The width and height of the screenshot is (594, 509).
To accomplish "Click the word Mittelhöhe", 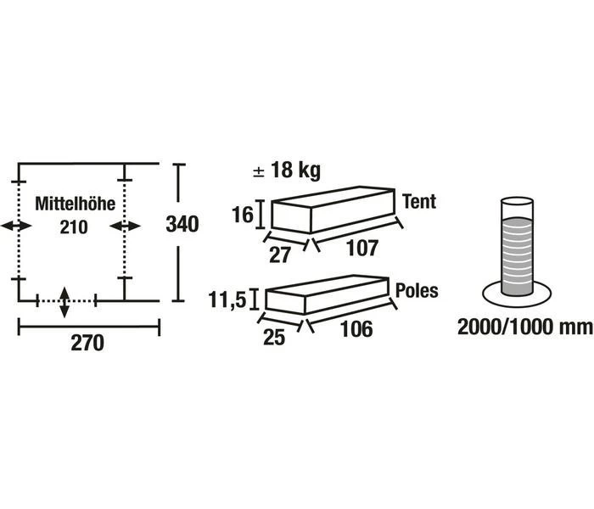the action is pyautogui.click(x=75, y=204).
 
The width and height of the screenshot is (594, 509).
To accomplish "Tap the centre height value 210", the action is pyautogui.click(x=74, y=227).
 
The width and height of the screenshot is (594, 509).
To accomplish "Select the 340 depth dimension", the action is pyautogui.click(x=182, y=224).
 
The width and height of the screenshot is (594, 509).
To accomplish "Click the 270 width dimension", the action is pyautogui.click(x=87, y=344).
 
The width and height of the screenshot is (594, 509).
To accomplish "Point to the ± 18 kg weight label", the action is pyautogui.click(x=287, y=170).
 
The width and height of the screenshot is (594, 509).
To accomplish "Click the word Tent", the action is pyautogui.click(x=419, y=202).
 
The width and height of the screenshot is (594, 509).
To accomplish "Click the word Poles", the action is pyautogui.click(x=417, y=291).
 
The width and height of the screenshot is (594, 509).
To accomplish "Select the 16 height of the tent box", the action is pyautogui.click(x=243, y=215).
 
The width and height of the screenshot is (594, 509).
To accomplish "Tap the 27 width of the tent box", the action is pyautogui.click(x=279, y=255).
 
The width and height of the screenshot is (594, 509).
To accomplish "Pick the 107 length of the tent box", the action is pyautogui.click(x=362, y=249).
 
